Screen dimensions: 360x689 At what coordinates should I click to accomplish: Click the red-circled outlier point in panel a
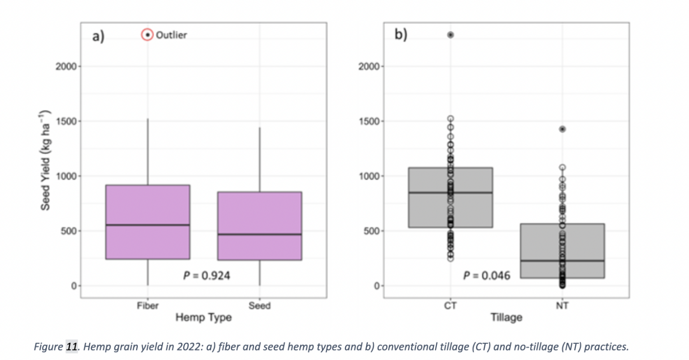coord(148,35)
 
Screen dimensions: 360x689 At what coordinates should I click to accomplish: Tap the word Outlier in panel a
coord(171,35)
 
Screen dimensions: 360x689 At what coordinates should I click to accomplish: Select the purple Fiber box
coord(148,222)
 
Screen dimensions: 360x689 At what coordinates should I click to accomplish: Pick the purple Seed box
coord(259,226)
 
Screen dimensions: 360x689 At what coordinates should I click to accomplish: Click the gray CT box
coord(450,198)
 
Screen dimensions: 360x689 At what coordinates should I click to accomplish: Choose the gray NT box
coord(562,250)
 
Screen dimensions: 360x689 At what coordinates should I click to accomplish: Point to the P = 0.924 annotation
coord(207,275)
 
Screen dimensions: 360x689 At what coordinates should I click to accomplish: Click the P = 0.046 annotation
coord(487,275)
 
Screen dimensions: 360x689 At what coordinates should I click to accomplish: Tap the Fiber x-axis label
coord(148,306)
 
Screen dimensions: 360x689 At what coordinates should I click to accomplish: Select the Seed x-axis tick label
coord(259,306)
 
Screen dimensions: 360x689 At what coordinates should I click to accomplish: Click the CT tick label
coord(450,306)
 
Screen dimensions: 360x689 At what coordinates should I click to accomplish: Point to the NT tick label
coord(562,306)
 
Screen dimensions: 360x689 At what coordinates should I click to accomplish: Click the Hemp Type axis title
coord(203,317)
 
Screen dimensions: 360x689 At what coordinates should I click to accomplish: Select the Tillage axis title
coord(506,317)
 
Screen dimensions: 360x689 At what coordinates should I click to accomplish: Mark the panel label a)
coord(98,35)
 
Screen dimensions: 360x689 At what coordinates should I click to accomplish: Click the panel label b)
coord(401,35)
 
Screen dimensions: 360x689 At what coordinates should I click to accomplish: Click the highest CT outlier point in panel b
coord(450,35)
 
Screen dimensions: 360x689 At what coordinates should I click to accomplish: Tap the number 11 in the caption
coord(72,347)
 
